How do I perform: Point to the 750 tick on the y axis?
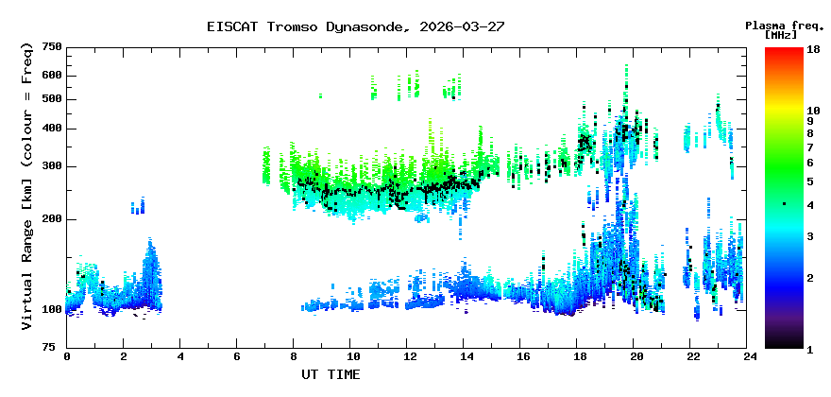(x=52, y=47)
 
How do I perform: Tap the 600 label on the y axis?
(x=52, y=76)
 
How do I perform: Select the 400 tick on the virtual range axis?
(x=52, y=129)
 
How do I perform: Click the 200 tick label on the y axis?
(x=52, y=219)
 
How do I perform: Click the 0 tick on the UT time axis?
(x=67, y=357)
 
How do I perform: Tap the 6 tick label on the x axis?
(x=238, y=357)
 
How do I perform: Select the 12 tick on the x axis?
(x=409, y=357)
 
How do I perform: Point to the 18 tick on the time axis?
(x=580, y=357)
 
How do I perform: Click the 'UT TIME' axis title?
(x=331, y=374)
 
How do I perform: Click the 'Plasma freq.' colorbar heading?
(x=784, y=26)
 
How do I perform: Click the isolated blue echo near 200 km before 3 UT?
(x=139, y=206)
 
